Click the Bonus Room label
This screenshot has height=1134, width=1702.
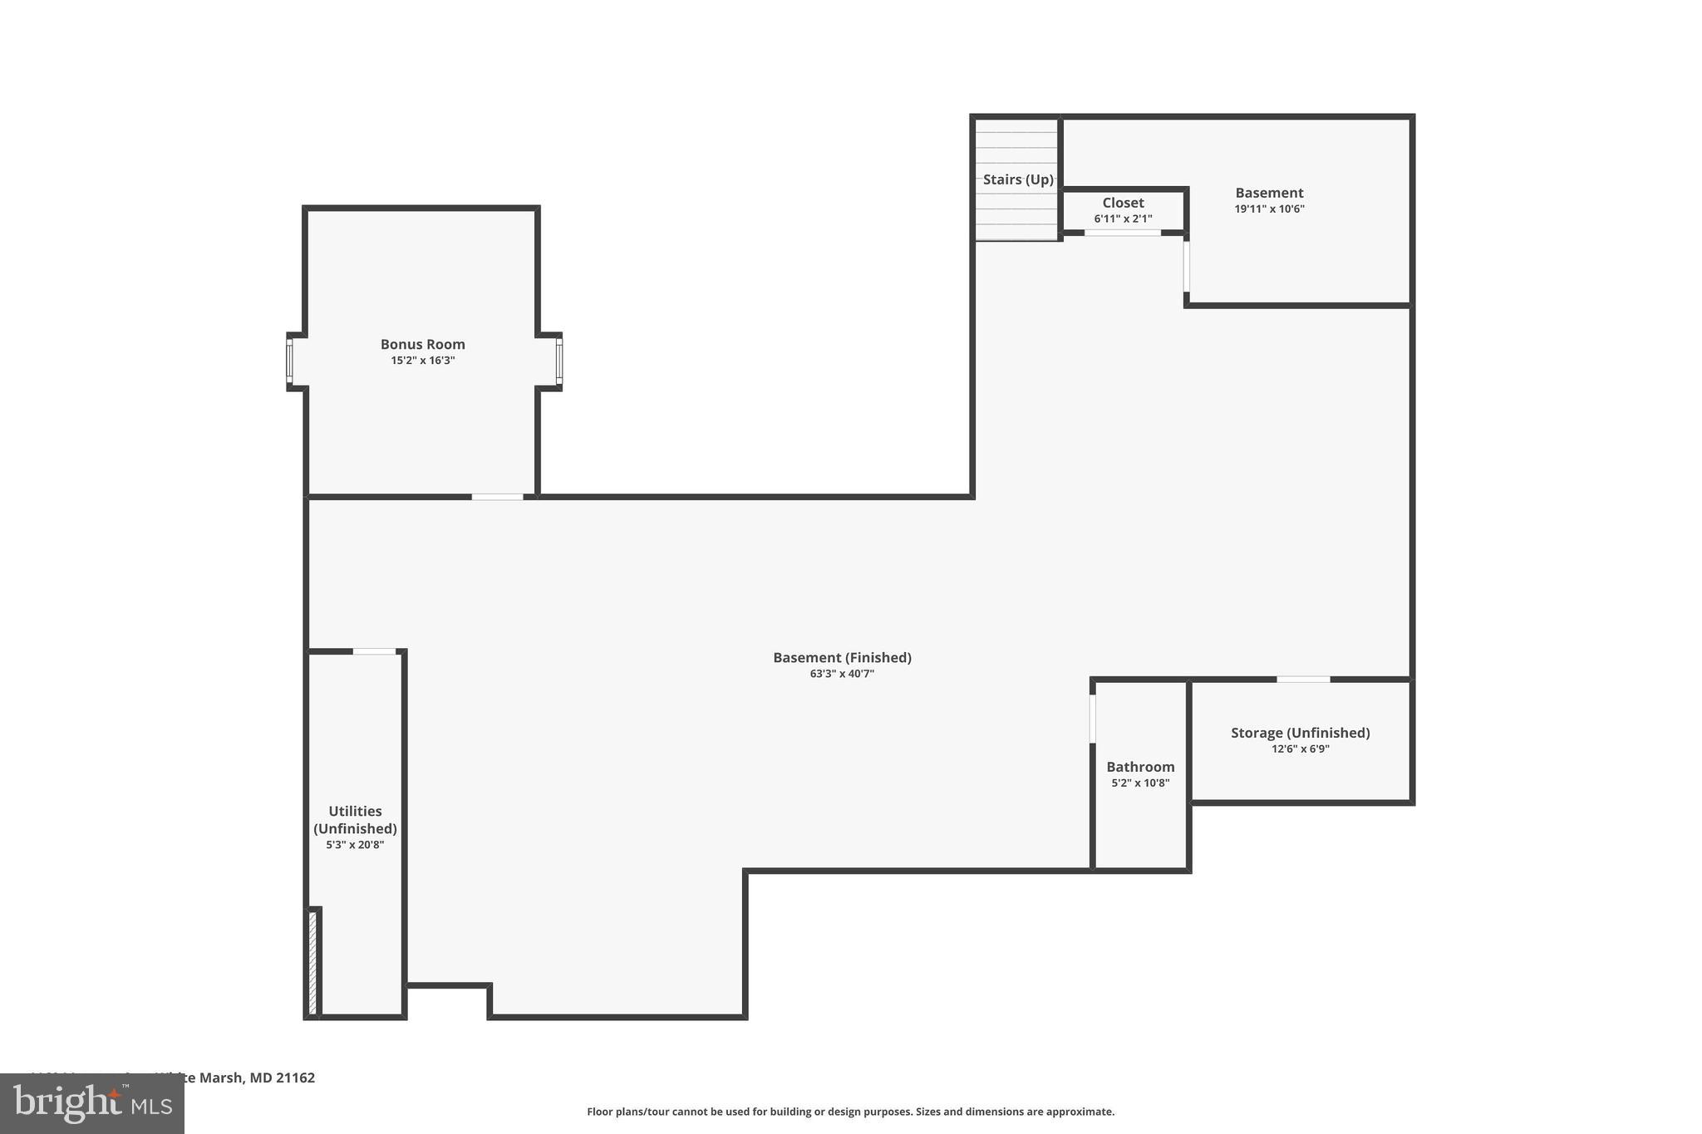pos(422,344)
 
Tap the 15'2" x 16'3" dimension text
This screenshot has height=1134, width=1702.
pos(422,361)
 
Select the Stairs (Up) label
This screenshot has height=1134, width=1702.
pos(1017,179)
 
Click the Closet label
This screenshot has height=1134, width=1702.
pos(1123,203)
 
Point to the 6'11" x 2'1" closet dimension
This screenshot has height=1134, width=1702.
pos(1123,219)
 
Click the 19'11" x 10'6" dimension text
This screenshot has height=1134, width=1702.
pos(1269,209)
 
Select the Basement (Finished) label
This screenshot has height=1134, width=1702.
pos(842,657)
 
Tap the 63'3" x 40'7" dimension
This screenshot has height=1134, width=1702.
pos(842,674)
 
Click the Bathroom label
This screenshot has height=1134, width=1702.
pos(1140,767)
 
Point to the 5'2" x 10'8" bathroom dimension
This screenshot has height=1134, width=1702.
pos(1140,783)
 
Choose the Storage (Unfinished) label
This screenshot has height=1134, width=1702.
pos(1300,733)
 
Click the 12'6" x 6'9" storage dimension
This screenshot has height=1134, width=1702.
pos(1300,749)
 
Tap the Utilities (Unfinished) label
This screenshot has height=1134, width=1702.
pos(355,820)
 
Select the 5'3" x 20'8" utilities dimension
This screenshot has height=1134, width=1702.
pos(355,845)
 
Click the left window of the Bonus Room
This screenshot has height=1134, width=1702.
pos(289,361)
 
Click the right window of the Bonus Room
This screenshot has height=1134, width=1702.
pos(559,361)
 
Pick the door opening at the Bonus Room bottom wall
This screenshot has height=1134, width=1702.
pos(497,497)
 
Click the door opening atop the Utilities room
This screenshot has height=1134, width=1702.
pos(374,651)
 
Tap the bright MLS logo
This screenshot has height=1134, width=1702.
pos(92,1103)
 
